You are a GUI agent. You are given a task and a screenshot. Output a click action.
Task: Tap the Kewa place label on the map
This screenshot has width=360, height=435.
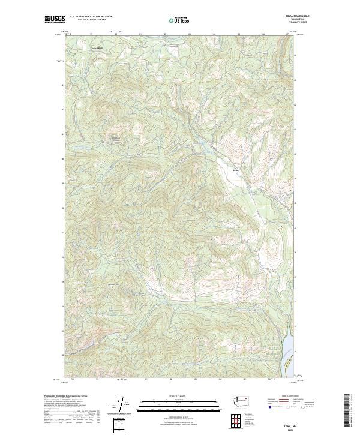(236, 171)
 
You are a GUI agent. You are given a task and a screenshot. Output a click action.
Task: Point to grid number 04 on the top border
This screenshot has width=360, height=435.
(214, 34)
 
